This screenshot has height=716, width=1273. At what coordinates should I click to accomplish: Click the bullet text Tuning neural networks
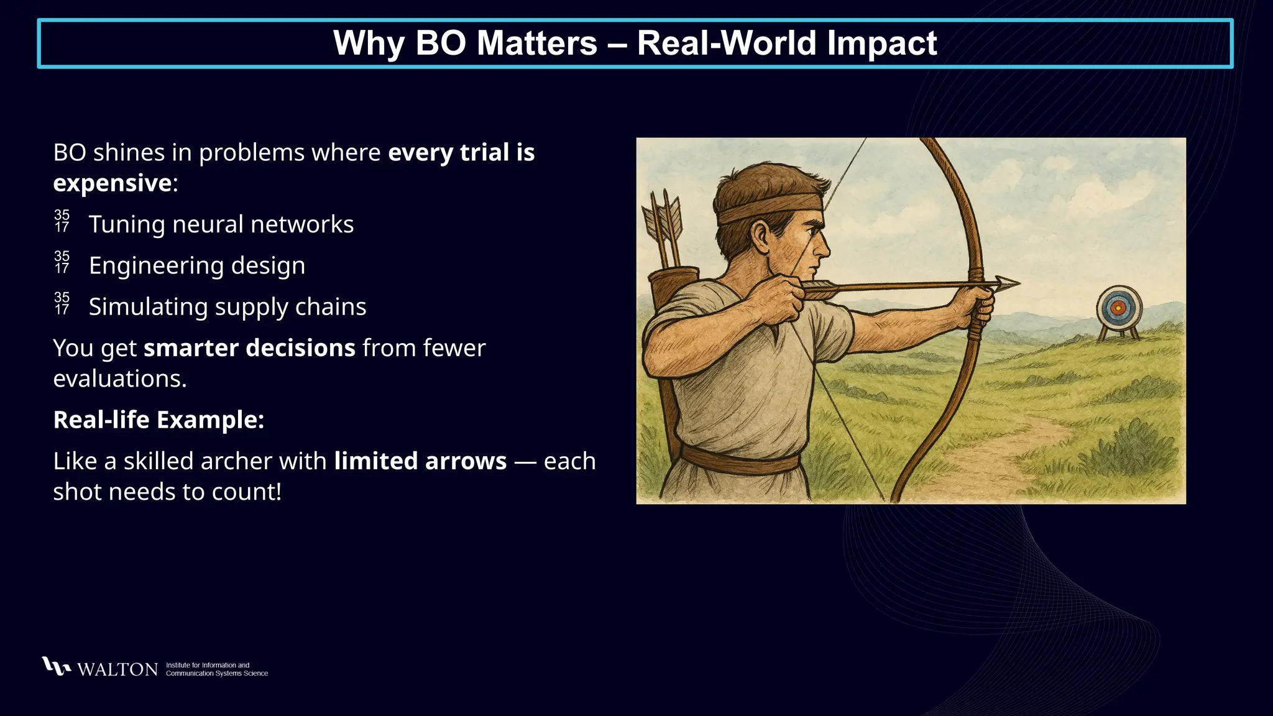pos(221,224)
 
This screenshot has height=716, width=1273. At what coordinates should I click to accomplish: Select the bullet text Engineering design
pos(197,265)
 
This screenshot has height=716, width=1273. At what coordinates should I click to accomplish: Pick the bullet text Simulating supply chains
pos(227,307)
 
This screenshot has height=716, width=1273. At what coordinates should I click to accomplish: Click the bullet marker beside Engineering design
pos(62,262)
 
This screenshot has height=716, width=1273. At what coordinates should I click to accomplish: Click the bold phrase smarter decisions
pos(249,348)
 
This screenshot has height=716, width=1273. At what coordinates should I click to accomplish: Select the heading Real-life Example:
pos(159,420)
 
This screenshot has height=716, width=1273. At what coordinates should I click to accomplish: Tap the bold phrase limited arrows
pos(420,461)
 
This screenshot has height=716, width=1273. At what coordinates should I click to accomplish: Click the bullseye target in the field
pos(1118,308)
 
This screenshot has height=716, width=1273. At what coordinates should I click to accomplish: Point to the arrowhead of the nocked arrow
pos(1006,283)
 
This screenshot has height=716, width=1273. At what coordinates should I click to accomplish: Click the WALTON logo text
pos(117,669)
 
